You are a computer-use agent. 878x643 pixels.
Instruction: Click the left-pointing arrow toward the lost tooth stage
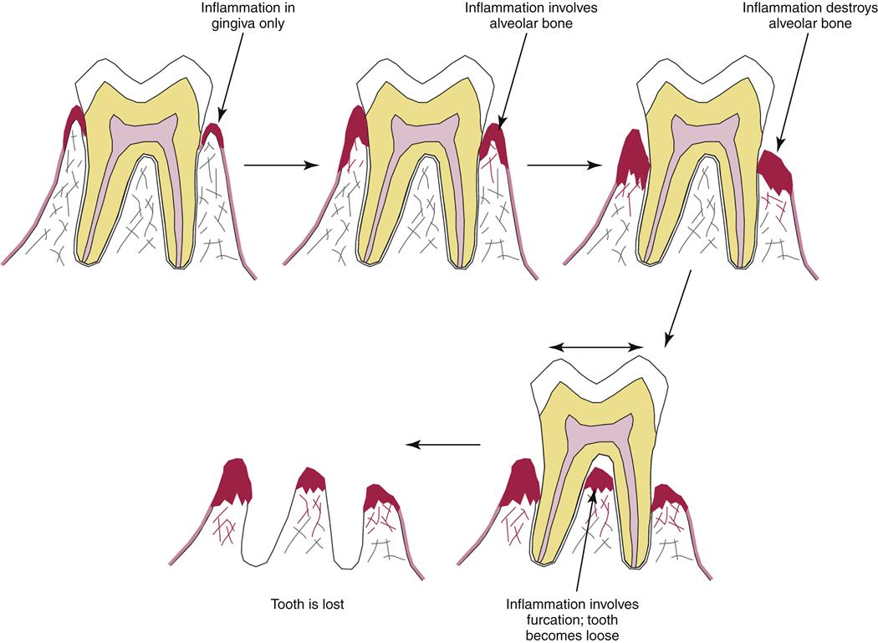tap(443, 444)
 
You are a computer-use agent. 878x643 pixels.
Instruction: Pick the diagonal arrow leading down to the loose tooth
tap(678, 309)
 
